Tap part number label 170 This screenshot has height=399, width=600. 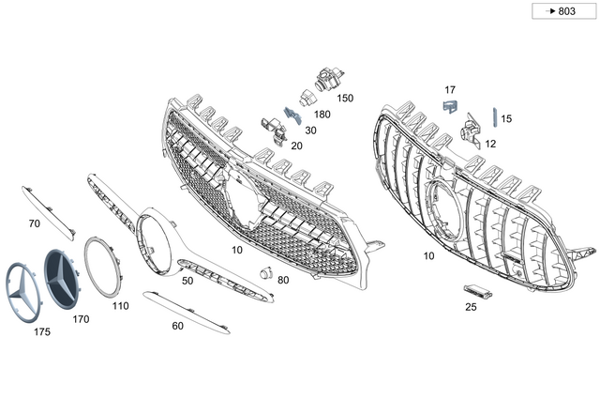point(81,318)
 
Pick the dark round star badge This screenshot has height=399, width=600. point(66,278)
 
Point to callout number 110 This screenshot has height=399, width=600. point(120,306)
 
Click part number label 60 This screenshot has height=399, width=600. point(177,327)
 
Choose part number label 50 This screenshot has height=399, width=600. point(187,281)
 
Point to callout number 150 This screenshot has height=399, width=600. point(345,98)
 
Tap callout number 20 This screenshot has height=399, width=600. point(296,146)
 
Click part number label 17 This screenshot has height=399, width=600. point(450,89)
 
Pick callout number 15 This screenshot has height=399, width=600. point(506,119)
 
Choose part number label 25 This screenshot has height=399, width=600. point(471,306)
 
